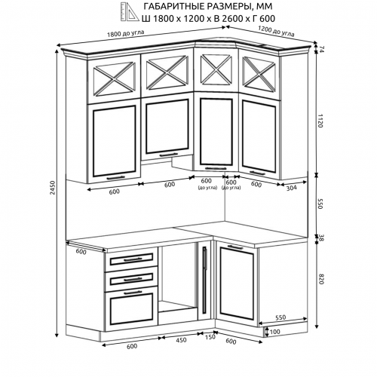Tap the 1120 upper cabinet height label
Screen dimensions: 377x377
click(x=320, y=121)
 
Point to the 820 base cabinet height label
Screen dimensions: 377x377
click(x=320, y=279)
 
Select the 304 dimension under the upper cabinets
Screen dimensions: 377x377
click(x=291, y=188)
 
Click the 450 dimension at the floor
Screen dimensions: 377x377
click(x=181, y=340)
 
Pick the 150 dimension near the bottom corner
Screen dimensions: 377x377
click(x=210, y=337)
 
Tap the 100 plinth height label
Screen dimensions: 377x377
click(x=274, y=332)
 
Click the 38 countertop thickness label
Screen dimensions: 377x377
click(x=321, y=238)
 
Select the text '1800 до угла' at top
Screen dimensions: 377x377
click(x=126, y=33)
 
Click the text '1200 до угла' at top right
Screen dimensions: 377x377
click(x=276, y=32)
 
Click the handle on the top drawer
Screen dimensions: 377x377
click(x=132, y=259)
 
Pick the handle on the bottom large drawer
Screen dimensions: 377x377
click(x=133, y=293)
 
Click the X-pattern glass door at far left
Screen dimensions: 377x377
click(x=114, y=79)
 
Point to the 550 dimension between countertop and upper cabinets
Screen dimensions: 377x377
click(x=320, y=204)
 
